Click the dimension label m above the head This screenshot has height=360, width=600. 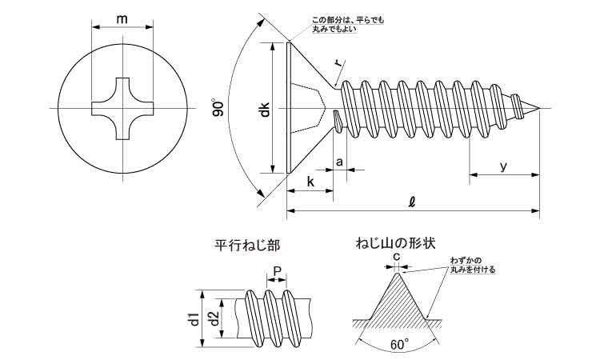[x=122, y=18]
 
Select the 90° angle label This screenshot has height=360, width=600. [x=218, y=108]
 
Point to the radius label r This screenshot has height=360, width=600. [x=339, y=63]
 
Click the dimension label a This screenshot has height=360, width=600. [x=339, y=162]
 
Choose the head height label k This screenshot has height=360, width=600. [x=310, y=182]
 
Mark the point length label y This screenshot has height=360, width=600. [x=503, y=166]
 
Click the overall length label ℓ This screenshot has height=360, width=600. [x=412, y=202]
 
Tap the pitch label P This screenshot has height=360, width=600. [x=278, y=271]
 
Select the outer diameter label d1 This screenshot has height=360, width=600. [x=195, y=319]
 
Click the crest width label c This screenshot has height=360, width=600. [x=397, y=256]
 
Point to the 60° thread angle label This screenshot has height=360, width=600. [x=399, y=344]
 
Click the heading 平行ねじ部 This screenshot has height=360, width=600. [x=247, y=246]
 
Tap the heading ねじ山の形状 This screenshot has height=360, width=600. [x=396, y=243]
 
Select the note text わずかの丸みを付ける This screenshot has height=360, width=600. [x=473, y=265]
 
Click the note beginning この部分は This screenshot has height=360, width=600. [x=348, y=25]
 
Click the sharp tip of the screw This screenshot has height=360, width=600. [x=539, y=109]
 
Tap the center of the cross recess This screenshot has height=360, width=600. [x=123, y=109]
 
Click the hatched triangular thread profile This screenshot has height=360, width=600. [x=397, y=302]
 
